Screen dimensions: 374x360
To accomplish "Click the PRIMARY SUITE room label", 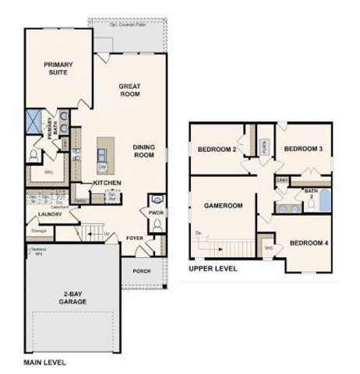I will (58, 69).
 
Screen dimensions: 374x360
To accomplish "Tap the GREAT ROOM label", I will (129, 90).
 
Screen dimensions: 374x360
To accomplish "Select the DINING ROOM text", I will (144, 151).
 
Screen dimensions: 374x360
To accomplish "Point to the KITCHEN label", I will (107, 182).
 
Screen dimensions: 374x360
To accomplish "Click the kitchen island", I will (102, 156).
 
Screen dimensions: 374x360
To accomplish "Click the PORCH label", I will (142, 271).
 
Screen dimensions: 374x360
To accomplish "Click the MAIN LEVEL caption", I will (44, 363).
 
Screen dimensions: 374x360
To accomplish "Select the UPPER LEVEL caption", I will (213, 268).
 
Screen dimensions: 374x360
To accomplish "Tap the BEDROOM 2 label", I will (217, 150).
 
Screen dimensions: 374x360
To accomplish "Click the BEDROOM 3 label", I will (303, 149).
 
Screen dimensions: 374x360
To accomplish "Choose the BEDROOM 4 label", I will (309, 243).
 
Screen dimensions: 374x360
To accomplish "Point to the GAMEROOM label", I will (224, 206).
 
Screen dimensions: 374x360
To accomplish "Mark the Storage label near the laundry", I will (39, 231).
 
